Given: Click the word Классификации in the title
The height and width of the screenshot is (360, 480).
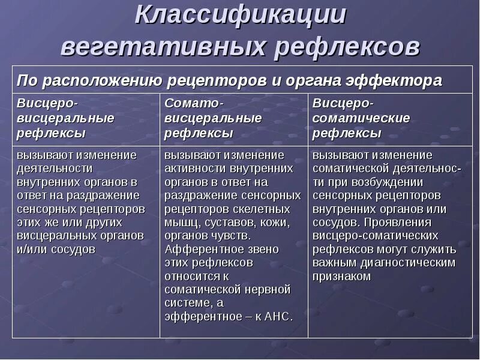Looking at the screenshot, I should tap(240, 16).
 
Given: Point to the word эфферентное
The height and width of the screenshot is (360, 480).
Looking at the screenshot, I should tap(200, 317).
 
